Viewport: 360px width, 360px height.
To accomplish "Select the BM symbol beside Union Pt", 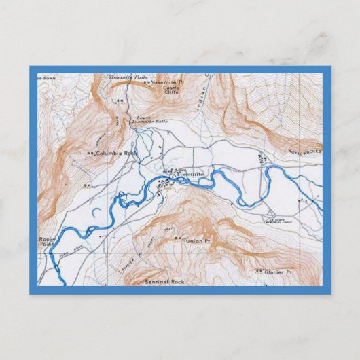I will pyautogui.click(x=177, y=239).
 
